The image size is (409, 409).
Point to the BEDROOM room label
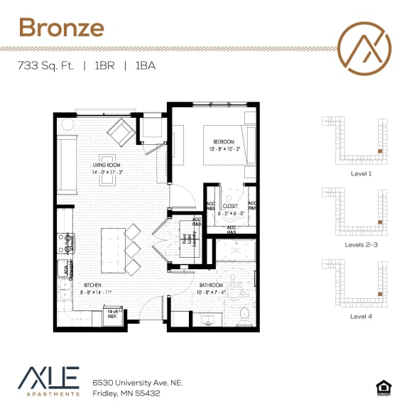(225, 145)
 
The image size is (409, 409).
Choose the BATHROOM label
(200, 287)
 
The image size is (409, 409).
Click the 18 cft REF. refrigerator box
(111, 314)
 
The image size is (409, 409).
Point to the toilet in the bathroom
(244, 313)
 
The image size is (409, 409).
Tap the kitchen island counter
(112, 251)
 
